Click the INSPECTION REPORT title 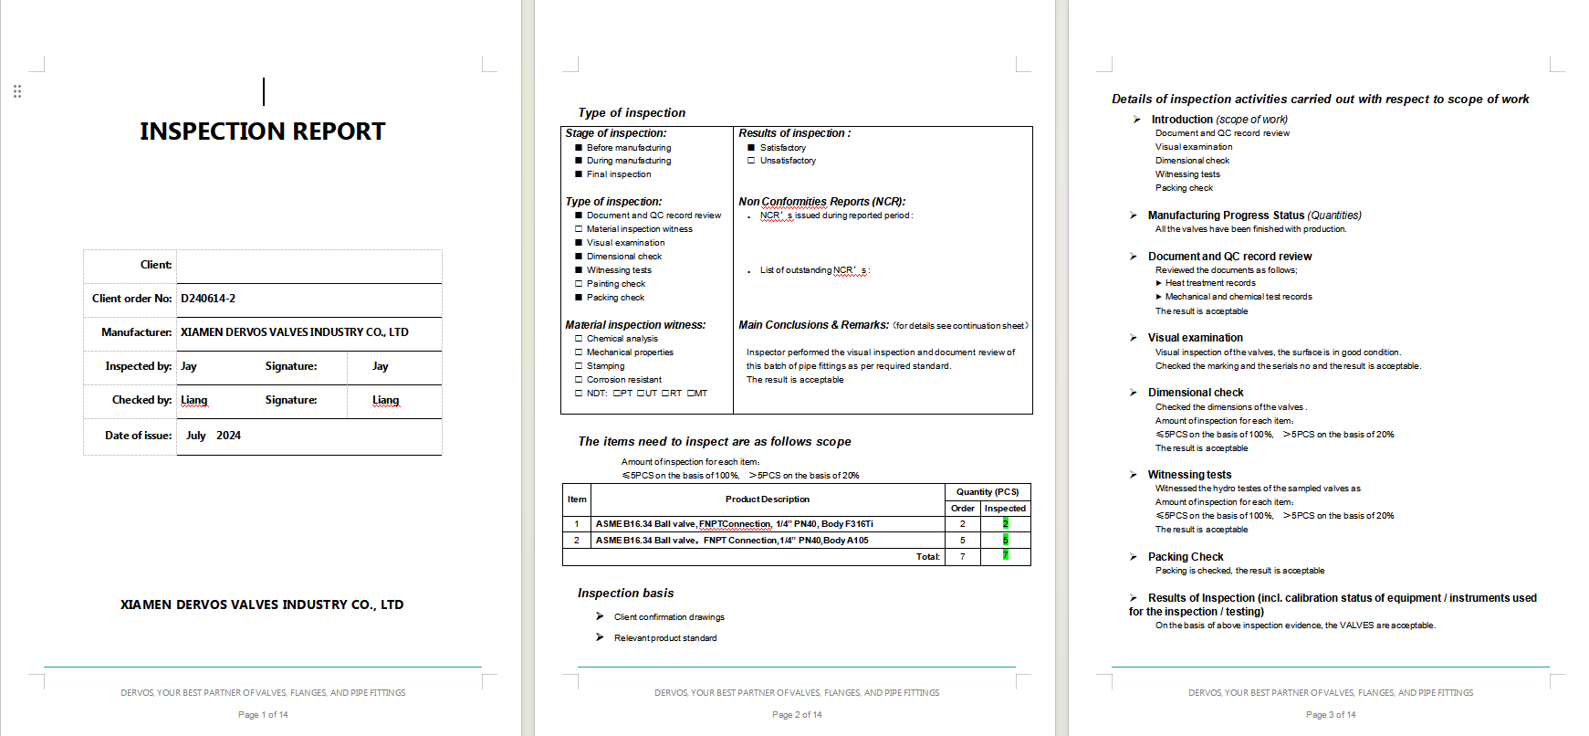pyautogui.click(x=262, y=131)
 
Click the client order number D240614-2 pyautogui.click(x=208, y=299)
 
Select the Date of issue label pyautogui.click(x=138, y=436)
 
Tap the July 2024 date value pyautogui.click(x=214, y=436)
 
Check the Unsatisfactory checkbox pyautogui.click(x=751, y=161)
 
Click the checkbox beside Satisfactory pyautogui.click(x=751, y=148)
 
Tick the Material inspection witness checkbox pyautogui.click(x=579, y=229)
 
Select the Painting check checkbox pyautogui.click(x=579, y=284)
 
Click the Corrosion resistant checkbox pyautogui.click(x=579, y=380)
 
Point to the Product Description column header pyautogui.click(x=767, y=499)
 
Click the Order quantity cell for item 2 pyautogui.click(x=962, y=541)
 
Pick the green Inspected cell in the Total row pyautogui.click(x=1005, y=556)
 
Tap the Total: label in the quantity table pyautogui.click(x=927, y=557)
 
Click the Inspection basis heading pyautogui.click(x=625, y=594)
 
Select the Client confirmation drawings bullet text pyautogui.click(x=669, y=617)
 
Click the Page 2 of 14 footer pyautogui.click(x=796, y=715)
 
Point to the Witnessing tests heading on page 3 pyautogui.click(x=1189, y=475)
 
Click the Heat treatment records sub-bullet pyautogui.click(x=1210, y=283)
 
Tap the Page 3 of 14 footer pyautogui.click(x=1330, y=715)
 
